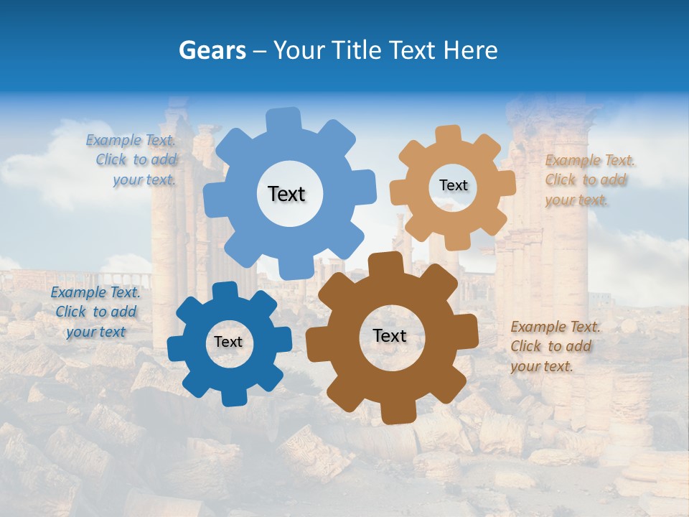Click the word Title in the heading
(x=357, y=50)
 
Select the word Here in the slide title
(x=472, y=50)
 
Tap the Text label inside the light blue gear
(x=286, y=194)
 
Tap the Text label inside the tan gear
(x=453, y=185)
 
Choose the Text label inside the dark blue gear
(x=228, y=343)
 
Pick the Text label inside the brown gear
(x=390, y=335)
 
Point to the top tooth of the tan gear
(x=448, y=136)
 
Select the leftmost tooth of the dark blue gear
(x=177, y=348)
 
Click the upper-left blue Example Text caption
(x=131, y=160)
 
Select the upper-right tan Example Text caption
(x=590, y=180)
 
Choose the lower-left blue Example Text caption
(x=95, y=312)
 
